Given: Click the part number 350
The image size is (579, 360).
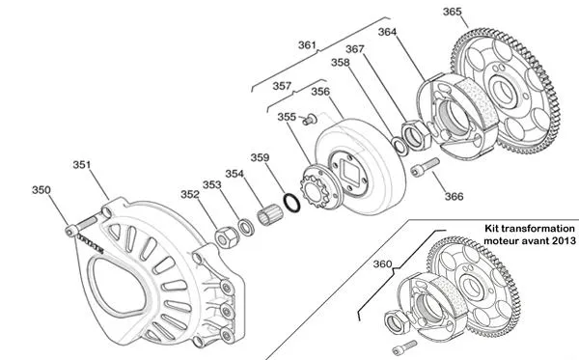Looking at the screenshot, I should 41,190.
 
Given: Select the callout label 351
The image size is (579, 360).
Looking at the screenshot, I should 83,165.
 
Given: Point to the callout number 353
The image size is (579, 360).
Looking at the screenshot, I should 211,184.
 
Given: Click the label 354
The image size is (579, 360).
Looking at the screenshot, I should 234,174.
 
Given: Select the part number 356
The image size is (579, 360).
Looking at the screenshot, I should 320,93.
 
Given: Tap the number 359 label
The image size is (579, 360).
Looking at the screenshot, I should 260,157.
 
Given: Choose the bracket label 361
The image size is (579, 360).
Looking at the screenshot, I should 307,45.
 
